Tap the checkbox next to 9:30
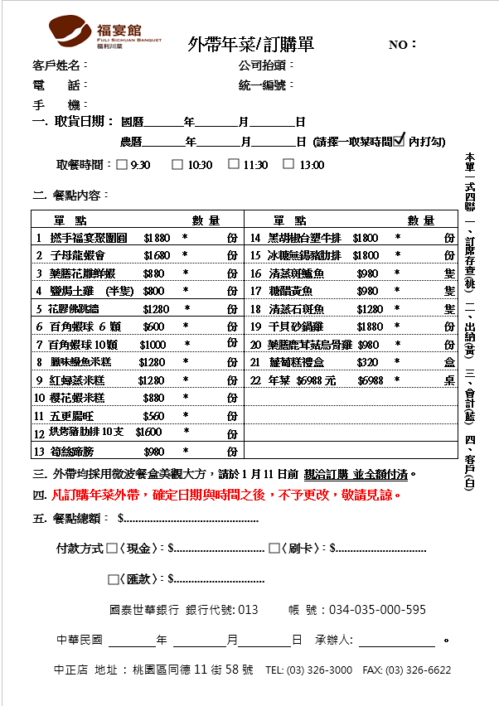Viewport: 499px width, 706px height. pos(122,164)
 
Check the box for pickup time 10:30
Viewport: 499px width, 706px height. pos(177,164)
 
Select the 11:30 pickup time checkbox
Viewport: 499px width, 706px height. pos(234,164)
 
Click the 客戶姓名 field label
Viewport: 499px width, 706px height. pos(56,65)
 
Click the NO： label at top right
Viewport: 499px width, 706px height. pos(403,45)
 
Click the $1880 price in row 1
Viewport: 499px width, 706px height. pos(157,237)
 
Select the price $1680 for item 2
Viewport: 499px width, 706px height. pos(157,255)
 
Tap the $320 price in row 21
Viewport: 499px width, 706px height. pos(367,362)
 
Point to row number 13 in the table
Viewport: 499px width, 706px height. pos(39,452)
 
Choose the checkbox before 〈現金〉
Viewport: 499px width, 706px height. pos(112,548)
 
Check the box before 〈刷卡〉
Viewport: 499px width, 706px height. pos(274,548)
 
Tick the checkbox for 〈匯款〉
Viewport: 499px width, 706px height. pos(113,578)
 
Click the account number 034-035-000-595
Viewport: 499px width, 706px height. pos(378,609)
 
